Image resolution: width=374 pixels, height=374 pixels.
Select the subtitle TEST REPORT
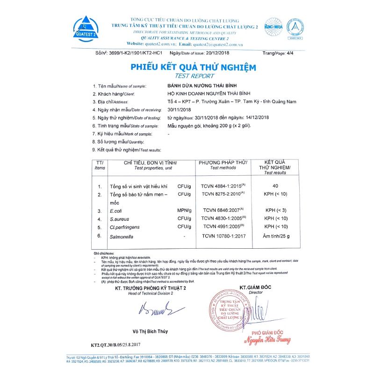(x=194, y=76)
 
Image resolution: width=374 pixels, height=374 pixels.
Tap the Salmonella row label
(x=122, y=237)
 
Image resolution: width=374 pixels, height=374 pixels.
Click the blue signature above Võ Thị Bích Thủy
(x=156, y=309)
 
